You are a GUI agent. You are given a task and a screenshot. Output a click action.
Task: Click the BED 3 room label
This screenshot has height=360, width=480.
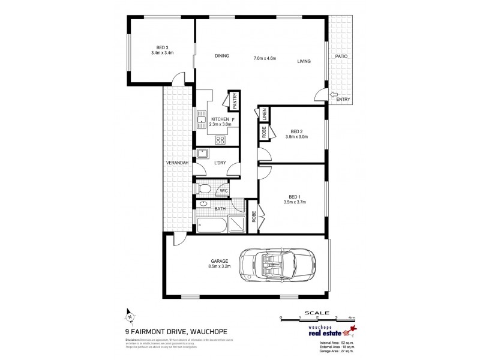[x=161, y=48]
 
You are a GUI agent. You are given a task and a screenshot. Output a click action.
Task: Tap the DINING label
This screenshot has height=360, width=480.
[x=222, y=56]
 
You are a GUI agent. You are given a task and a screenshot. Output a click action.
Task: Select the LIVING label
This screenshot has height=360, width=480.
[x=303, y=61]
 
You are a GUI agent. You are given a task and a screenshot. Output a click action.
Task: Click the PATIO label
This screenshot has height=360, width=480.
[x=341, y=56]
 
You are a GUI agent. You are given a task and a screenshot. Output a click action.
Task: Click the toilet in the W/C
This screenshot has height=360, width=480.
[x=204, y=190]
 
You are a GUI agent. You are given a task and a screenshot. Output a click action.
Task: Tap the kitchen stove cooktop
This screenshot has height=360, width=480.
[x=220, y=140]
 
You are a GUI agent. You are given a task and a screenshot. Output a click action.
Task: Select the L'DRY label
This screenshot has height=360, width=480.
[x=220, y=163]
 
